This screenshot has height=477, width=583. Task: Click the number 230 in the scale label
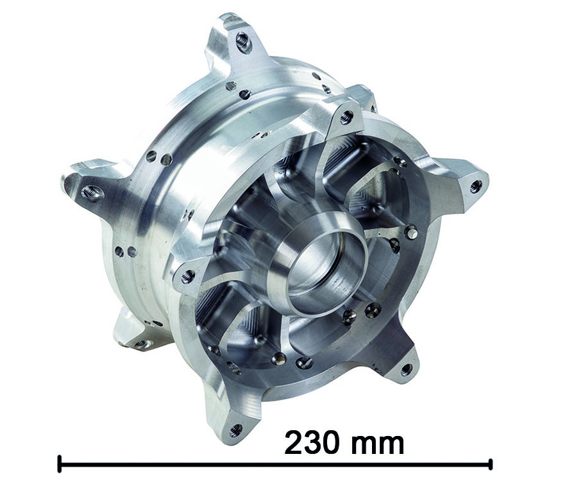pos(312,442)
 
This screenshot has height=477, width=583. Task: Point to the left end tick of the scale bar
pos(59,464)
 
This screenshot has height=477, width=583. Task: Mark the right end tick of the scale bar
pos(491,464)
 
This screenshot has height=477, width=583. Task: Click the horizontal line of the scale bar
pos(275,464)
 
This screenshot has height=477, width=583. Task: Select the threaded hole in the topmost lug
pos(244,38)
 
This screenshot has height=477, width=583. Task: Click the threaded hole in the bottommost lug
pos(235,431)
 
